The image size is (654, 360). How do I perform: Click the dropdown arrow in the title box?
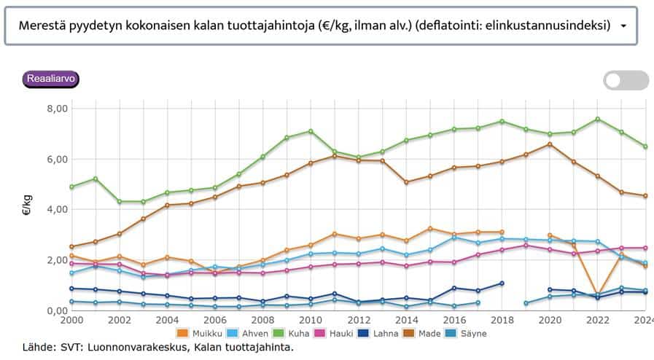(623, 26)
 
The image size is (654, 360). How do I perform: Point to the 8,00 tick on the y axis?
(56, 109)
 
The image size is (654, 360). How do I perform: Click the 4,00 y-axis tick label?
(56, 210)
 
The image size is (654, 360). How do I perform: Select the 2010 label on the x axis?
(311, 320)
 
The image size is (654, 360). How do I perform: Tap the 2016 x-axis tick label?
(453, 320)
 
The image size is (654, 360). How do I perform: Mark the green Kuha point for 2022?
(597, 119)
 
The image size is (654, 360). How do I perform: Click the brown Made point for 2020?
(549, 144)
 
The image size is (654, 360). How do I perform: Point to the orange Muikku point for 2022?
(597, 294)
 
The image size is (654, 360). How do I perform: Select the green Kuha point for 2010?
(311, 131)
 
